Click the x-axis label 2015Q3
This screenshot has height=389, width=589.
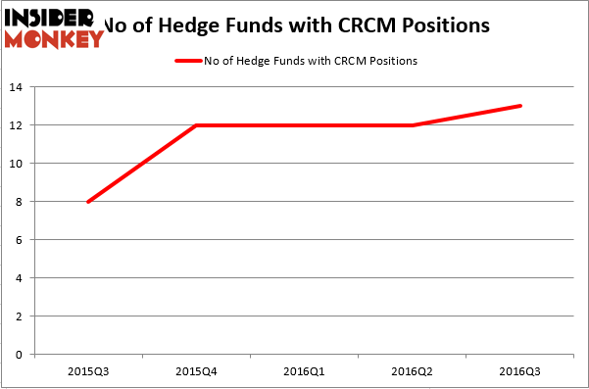[89, 373]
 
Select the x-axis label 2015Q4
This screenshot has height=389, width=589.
[197, 373]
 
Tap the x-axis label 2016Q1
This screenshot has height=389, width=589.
[305, 373]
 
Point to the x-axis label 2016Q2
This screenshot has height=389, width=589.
[413, 373]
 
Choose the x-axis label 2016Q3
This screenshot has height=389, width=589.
[520, 373]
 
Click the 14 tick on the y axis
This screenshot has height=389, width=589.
[19, 87]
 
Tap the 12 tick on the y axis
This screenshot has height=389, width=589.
[19, 125]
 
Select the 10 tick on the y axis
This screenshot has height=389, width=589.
[19, 164]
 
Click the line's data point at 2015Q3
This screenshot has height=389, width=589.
[89, 202]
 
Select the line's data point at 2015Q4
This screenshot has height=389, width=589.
[197, 125]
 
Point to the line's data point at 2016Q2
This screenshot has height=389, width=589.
[413, 125]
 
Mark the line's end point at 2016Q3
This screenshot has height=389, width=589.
[520, 106]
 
